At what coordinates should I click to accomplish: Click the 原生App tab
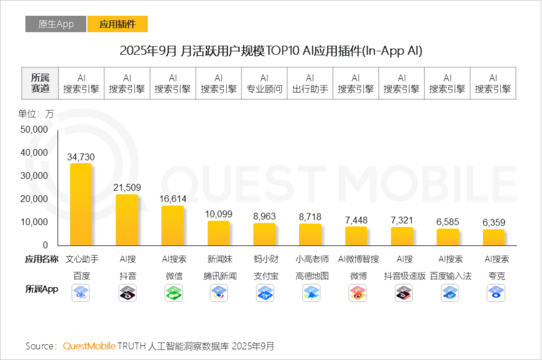pyautogui.click(x=56, y=24)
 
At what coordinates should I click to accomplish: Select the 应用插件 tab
pyautogui.click(x=117, y=24)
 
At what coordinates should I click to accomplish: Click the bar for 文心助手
pyautogui.click(x=81, y=204)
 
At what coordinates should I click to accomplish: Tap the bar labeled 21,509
pyautogui.click(x=127, y=220)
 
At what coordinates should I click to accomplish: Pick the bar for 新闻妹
pyautogui.click(x=219, y=233)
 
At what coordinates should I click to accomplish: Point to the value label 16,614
pyautogui.click(x=173, y=199)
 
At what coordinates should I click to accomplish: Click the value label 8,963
pyautogui.click(x=264, y=216)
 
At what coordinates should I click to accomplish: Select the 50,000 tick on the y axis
pyautogui.click(x=34, y=129)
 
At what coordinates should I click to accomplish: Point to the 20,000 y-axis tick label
pyautogui.click(x=34, y=199)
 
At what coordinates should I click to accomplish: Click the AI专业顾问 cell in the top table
pyautogui.click(x=264, y=83)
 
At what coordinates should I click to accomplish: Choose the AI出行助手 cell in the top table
pyautogui.click(x=310, y=83)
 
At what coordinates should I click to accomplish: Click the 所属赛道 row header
pyautogui.click(x=40, y=83)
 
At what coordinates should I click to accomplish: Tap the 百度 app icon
pyautogui.click(x=81, y=293)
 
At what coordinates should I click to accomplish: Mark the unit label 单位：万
pyautogui.click(x=36, y=114)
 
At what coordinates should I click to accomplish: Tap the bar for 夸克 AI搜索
pyautogui.click(x=494, y=237)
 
